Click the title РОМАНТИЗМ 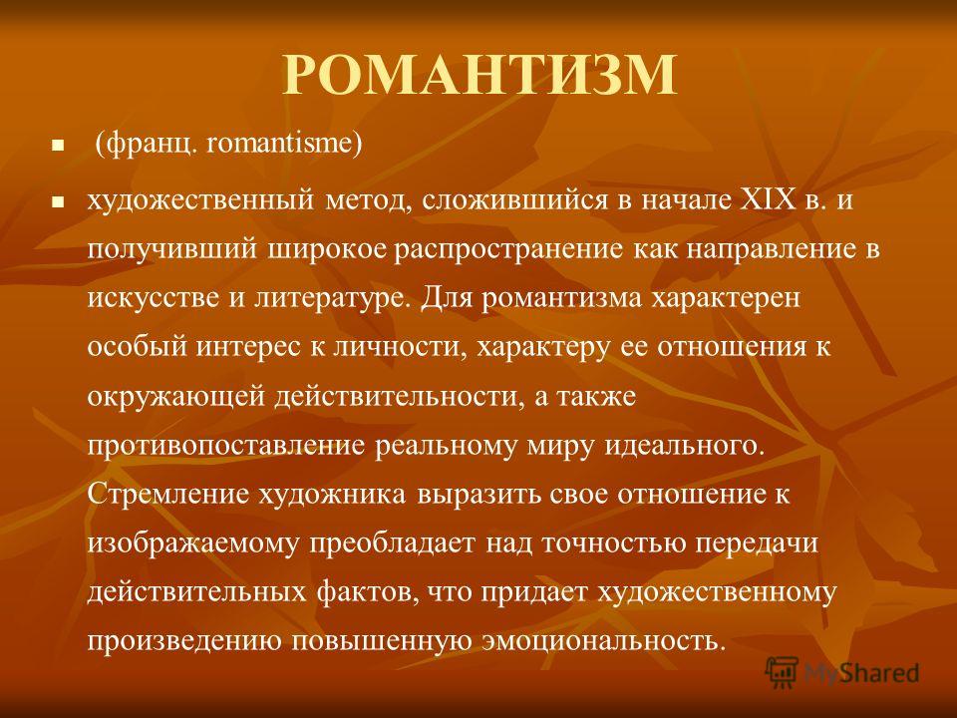(479, 75)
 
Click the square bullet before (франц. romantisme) (58, 147)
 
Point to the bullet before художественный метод (58, 201)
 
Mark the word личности (401, 348)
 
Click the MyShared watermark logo (842, 672)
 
